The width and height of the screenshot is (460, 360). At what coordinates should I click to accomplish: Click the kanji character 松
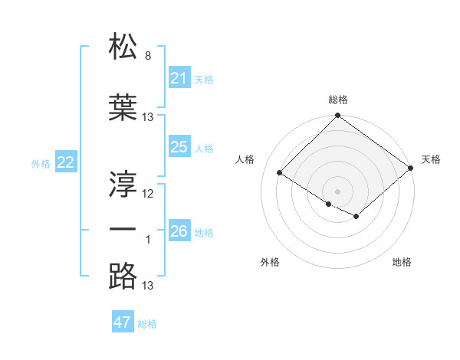[x=123, y=47]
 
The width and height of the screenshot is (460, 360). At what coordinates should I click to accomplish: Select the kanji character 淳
[x=123, y=183]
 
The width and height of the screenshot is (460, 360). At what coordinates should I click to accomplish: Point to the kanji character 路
[x=123, y=275]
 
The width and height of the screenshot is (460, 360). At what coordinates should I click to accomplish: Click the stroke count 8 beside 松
[x=148, y=56]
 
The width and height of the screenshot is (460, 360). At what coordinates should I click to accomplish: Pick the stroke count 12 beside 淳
[x=148, y=193]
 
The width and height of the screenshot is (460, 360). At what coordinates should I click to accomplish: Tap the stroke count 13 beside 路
[x=148, y=286]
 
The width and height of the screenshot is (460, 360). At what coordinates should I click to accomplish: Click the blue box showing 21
[x=179, y=78]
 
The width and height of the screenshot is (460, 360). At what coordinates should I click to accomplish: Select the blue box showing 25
[x=179, y=147]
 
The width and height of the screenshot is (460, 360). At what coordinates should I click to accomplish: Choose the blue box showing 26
[x=179, y=231]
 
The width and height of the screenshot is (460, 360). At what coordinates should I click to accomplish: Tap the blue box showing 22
[x=66, y=162]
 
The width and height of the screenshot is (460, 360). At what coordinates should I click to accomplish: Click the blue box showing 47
[x=123, y=322]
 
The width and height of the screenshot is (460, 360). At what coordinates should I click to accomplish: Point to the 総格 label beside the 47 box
[x=147, y=324]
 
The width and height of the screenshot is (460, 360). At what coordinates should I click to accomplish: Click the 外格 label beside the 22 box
[x=41, y=163]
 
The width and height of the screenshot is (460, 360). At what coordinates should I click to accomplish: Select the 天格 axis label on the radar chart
[x=431, y=159]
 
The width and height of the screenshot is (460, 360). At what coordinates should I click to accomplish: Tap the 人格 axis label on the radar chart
[x=245, y=159]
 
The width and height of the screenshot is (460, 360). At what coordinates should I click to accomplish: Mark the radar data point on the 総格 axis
[x=337, y=116]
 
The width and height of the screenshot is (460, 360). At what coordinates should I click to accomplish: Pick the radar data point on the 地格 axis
[x=356, y=217]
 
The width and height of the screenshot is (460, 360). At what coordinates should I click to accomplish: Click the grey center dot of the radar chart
[x=337, y=191]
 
